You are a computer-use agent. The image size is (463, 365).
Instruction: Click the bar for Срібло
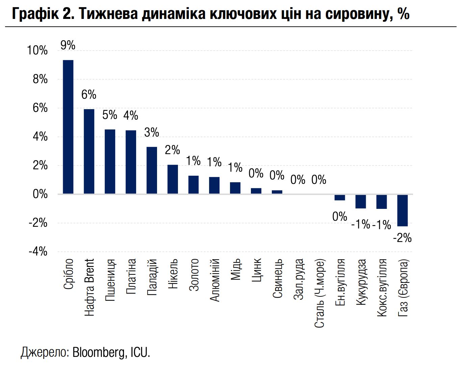(x=68, y=127)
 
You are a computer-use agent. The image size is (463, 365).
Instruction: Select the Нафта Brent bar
(x=89, y=151)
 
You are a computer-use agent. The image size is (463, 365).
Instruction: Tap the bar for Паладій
(x=152, y=170)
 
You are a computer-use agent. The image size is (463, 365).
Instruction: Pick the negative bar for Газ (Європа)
(x=403, y=210)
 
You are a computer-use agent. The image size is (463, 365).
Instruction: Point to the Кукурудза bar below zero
(x=361, y=201)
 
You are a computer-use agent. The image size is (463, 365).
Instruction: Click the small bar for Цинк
(x=256, y=191)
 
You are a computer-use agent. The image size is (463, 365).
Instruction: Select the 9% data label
(x=68, y=45)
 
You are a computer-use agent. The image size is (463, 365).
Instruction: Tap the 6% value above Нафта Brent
(x=89, y=95)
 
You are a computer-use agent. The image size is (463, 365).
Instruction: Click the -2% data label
(x=402, y=238)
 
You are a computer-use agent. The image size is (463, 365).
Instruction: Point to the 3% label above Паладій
(x=152, y=132)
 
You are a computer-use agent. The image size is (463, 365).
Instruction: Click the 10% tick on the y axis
(x=37, y=50)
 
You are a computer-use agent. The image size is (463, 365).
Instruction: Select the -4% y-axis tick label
(x=38, y=251)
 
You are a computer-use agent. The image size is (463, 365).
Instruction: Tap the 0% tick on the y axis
(x=40, y=194)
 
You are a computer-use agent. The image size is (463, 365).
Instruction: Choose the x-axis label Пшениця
(x=110, y=281)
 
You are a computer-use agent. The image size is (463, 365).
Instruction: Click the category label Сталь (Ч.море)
(x=319, y=293)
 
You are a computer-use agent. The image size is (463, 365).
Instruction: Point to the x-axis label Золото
(x=194, y=275)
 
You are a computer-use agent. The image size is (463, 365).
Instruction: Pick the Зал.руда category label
(x=299, y=279)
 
